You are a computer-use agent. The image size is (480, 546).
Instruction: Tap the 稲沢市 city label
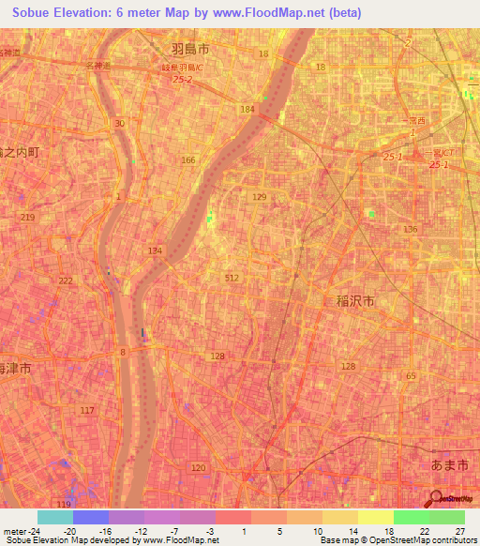tap(354, 301)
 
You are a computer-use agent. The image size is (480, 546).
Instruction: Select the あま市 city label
tap(441, 465)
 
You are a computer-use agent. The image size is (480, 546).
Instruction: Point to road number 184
tap(247, 110)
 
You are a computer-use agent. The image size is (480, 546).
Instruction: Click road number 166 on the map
tap(189, 160)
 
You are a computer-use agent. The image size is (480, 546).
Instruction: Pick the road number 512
tap(232, 278)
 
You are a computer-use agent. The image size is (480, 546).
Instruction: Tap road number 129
tap(260, 197)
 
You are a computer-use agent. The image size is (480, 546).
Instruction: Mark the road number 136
tap(410, 230)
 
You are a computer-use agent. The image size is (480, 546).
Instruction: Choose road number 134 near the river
tap(155, 250)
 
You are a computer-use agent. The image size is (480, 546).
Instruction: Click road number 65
tap(411, 375)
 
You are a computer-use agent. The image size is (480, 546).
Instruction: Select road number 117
tap(87, 411)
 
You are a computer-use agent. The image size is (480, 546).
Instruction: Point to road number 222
tap(65, 281)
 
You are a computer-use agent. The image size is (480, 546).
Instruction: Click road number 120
tap(198, 467)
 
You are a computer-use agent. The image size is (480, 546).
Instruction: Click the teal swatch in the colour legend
tap(55, 517)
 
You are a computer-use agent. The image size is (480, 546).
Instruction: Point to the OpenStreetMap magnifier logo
tap(438, 500)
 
